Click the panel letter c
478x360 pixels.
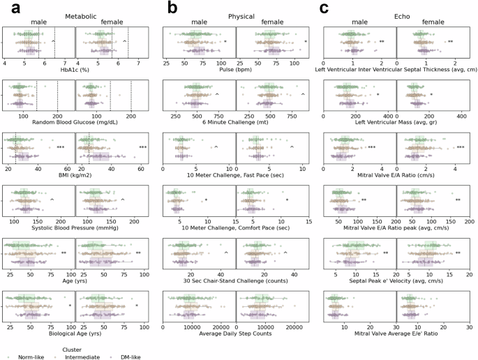pyautogui.click(x=323, y=8)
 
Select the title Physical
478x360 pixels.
pyautogui.click(x=241, y=15)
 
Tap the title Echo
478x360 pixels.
pyautogui.click(x=396, y=15)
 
